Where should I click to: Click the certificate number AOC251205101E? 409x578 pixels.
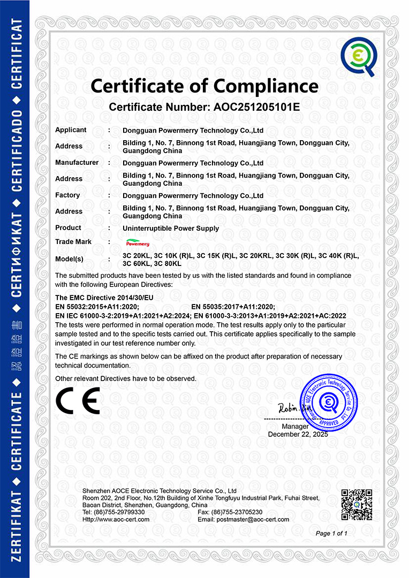pos(256,107)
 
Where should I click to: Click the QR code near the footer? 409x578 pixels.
pos(356,505)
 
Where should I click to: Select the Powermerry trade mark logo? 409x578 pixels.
pos(138,244)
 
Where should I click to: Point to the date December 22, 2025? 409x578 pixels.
pos(298,434)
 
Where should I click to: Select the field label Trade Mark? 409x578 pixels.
pos(73,242)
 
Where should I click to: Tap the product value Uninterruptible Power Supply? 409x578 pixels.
pos(171,229)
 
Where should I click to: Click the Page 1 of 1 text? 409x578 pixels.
pos(331,534)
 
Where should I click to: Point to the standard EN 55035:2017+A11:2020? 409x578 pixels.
pos(233,307)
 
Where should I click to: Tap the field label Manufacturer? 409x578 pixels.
pos(77,163)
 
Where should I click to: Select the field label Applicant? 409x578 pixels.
pos(71,130)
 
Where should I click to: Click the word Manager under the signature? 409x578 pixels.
pos(295,426)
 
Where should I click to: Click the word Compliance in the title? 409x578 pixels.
pos(266,86)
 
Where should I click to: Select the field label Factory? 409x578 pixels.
pos(67,195)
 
